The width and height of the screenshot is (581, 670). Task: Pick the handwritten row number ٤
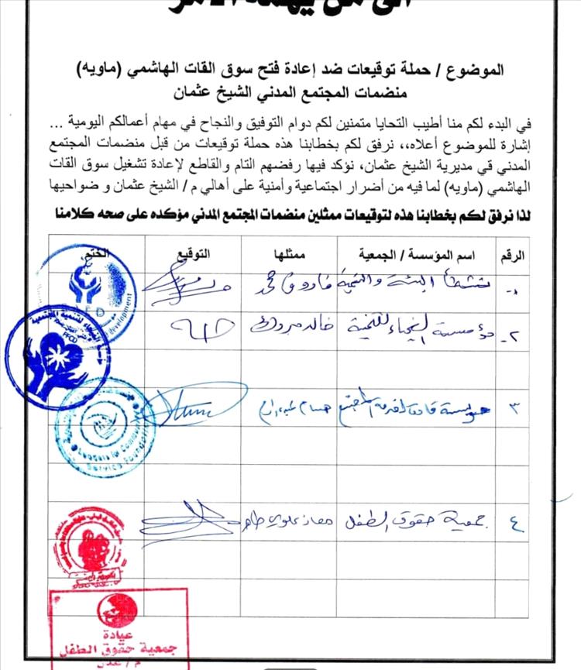click(x=516, y=527)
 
